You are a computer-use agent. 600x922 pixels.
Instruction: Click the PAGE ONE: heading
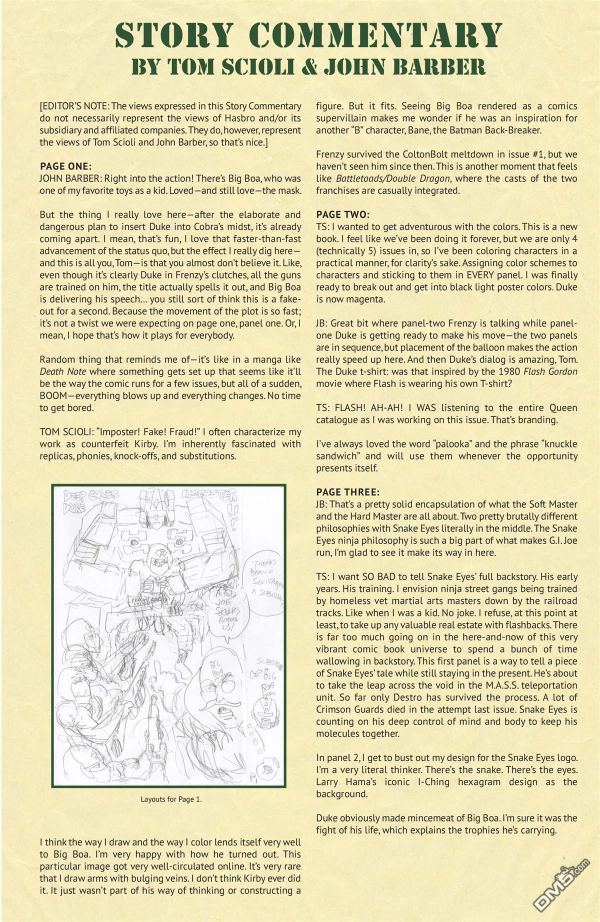[x=65, y=166]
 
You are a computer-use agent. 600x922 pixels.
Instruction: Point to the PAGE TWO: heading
[x=342, y=214]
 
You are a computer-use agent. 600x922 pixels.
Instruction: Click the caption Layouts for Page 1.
[x=170, y=799]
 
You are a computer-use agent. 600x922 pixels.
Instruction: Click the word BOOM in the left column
[x=53, y=395]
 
